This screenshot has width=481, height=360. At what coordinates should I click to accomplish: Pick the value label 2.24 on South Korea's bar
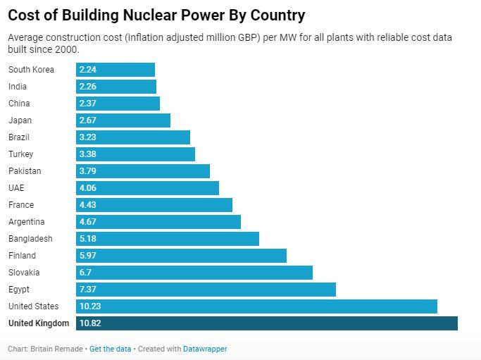pyautogui.click(x=88, y=70)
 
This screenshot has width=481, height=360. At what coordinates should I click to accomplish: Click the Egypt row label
pyautogui.click(x=20, y=290)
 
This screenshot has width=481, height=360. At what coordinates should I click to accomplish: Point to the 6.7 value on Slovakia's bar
pyautogui.click(x=86, y=273)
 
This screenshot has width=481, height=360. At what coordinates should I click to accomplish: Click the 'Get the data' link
pyautogui.click(x=110, y=349)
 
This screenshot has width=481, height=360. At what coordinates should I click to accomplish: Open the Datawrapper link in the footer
pyautogui.click(x=205, y=349)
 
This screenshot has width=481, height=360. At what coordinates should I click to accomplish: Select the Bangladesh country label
pyautogui.click(x=30, y=239)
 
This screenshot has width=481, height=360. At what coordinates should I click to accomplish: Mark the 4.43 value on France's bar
pyautogui.click(x=88, y=205)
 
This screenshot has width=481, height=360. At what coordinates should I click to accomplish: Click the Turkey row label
pyautogui.click(x=20, y=154)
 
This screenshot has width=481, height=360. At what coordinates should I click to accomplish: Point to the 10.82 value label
pyautogui.click(x=90, y=323)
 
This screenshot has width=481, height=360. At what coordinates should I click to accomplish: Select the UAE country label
pyautogui.click(x=16, y=188)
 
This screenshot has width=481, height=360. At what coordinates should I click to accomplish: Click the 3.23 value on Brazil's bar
pyautogui.click(x=88, y=137)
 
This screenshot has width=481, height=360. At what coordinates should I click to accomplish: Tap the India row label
pyautogui.click(x=18, y=87)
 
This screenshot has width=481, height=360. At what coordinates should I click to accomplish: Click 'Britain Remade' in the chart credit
pyautogui.click(x=58, y=349)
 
